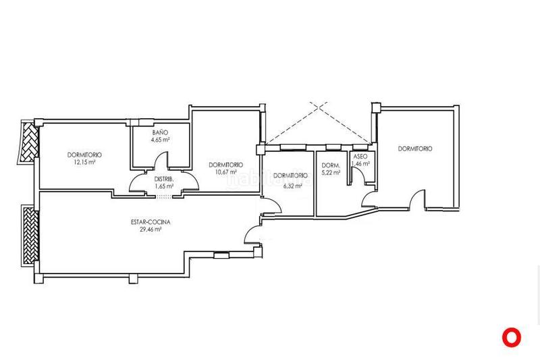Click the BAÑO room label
(x=160, y=132)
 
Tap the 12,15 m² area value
(x=85, y=162)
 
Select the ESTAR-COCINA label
(x=151, y=222)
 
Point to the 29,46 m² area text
(x=151, y=230)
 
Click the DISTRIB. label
(x=163, y=179)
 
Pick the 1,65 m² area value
(x=164, y=186)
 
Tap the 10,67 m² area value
(x=226, y=172)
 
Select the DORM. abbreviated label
(x=331, y=165)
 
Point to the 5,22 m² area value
(x=331, y=173)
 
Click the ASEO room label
(x=360, y=157)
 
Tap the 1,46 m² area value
(x=360, y=164)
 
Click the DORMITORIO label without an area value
(x=415, y=149)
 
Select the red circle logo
(x=512, y=337)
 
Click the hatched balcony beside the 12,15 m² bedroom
(x=28, y=142)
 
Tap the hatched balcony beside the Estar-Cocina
(x=30, y=235)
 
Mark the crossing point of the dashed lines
(x=319, y=107)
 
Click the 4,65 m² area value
(x=161, y=140)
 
